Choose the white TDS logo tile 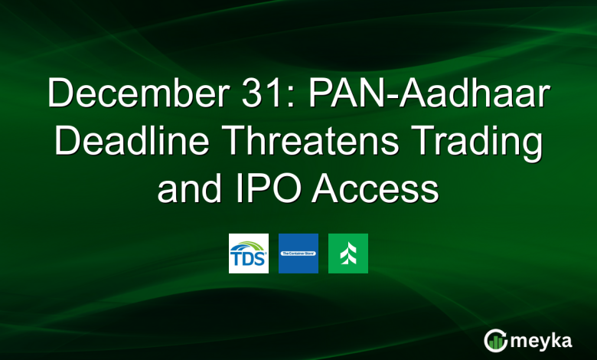coord(249,254)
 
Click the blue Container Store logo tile coord(298,254)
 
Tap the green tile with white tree coord(348,254)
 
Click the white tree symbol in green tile coord(348,254)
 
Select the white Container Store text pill coord(298,254)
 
